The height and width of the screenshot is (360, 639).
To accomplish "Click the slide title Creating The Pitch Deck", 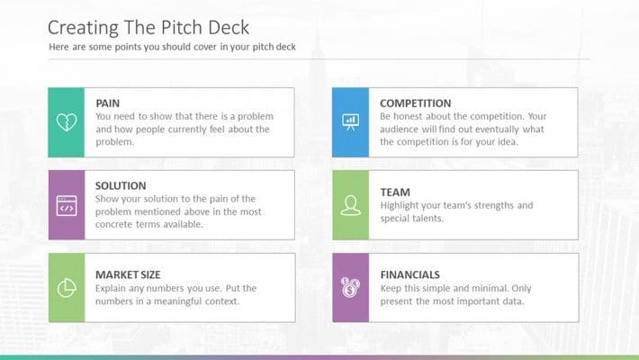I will [148, 27].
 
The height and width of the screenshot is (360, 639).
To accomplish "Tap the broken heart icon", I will [67, 121].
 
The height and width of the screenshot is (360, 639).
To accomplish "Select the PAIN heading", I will [108, 103].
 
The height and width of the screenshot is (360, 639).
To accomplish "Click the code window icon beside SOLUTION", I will [67, 205].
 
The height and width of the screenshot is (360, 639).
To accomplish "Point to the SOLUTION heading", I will [121, 185].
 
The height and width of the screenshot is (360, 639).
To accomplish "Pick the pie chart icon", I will [67, 288].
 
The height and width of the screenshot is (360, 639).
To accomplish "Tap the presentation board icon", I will [350, 121].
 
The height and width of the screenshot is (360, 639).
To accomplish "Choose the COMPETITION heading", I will [416, 103].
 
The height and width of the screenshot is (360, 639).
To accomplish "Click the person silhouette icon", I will [350, 205].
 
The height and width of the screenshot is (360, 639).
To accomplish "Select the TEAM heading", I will [394, 193].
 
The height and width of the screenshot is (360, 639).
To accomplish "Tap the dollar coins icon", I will [350, 288].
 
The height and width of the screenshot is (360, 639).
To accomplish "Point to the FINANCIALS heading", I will [409, 274].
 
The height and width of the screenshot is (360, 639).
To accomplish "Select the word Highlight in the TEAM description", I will [401, 205].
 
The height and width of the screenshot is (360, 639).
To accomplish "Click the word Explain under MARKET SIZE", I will [112, 288].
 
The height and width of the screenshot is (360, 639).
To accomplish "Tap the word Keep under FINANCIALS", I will [391, 288].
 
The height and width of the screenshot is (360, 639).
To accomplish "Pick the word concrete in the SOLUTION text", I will [116, 224].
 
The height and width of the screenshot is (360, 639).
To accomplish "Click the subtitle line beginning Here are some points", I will [172, 47].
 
